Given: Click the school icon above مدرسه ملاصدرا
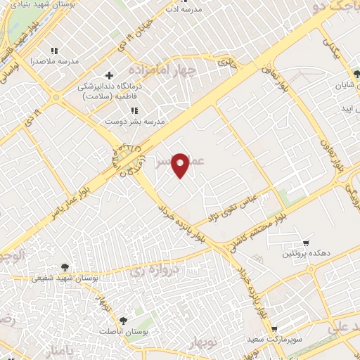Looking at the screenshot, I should tap(55, 51).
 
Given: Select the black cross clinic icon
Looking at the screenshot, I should tap(108, 75).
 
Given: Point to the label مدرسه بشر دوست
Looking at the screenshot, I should tap(134, 121).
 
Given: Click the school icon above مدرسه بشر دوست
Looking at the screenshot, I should tap(134, 110).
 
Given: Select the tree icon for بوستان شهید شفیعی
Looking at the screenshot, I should tap(65, 266).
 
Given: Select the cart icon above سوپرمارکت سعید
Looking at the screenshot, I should tap(274, 328).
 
